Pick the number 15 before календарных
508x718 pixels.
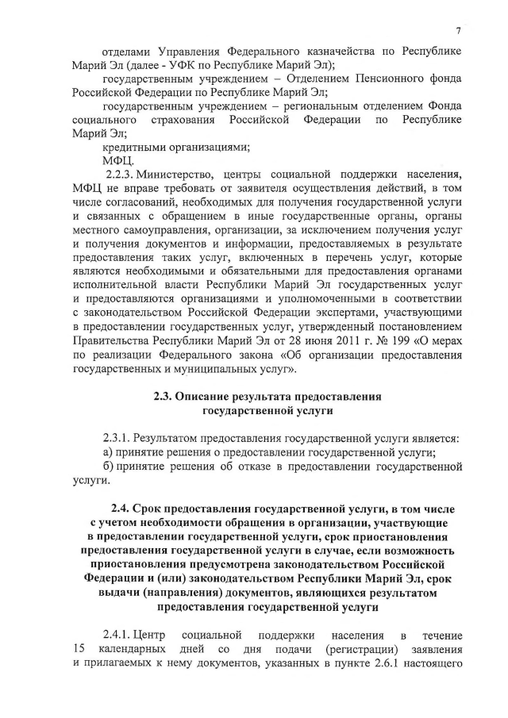coord(79,650)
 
